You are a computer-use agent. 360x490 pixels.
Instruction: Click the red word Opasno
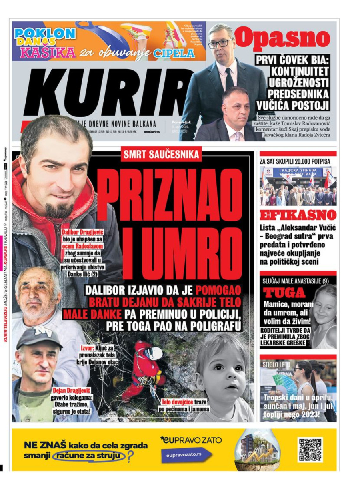coord(282,38)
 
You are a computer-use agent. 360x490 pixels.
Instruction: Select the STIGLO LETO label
coord(276,364)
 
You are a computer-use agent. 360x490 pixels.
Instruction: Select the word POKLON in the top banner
coord(45,34)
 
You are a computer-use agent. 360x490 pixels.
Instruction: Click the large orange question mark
coord(130,457)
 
